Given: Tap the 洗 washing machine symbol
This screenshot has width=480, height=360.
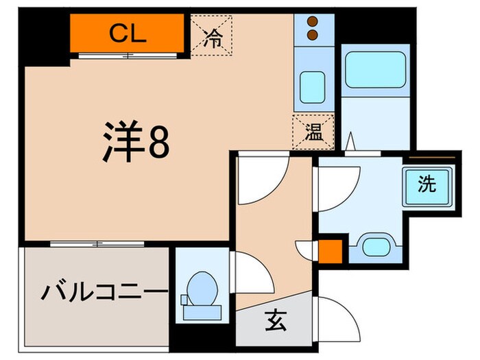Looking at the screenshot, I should tap(427, 184).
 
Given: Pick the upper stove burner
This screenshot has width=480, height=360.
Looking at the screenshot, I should tap(313, 21).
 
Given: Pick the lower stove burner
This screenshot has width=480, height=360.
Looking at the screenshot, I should tap(313, 34).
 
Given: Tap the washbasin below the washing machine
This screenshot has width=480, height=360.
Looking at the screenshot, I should tap(374, 248).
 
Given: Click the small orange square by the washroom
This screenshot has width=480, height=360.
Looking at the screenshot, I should tap(330, 251).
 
